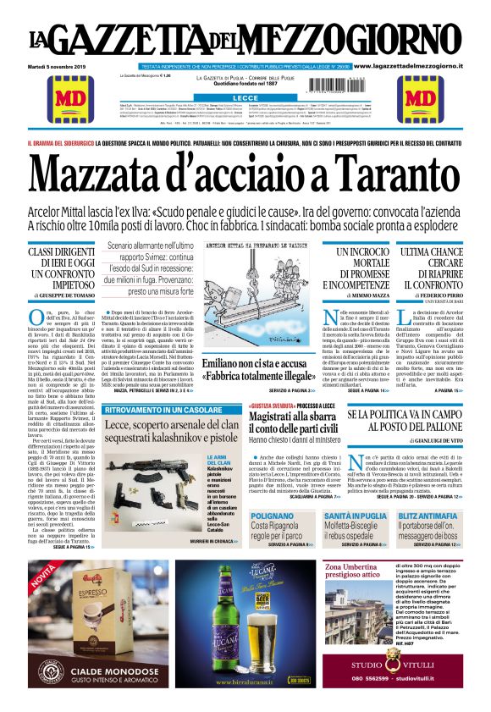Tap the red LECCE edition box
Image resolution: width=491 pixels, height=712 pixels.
(x=245, y=97)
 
